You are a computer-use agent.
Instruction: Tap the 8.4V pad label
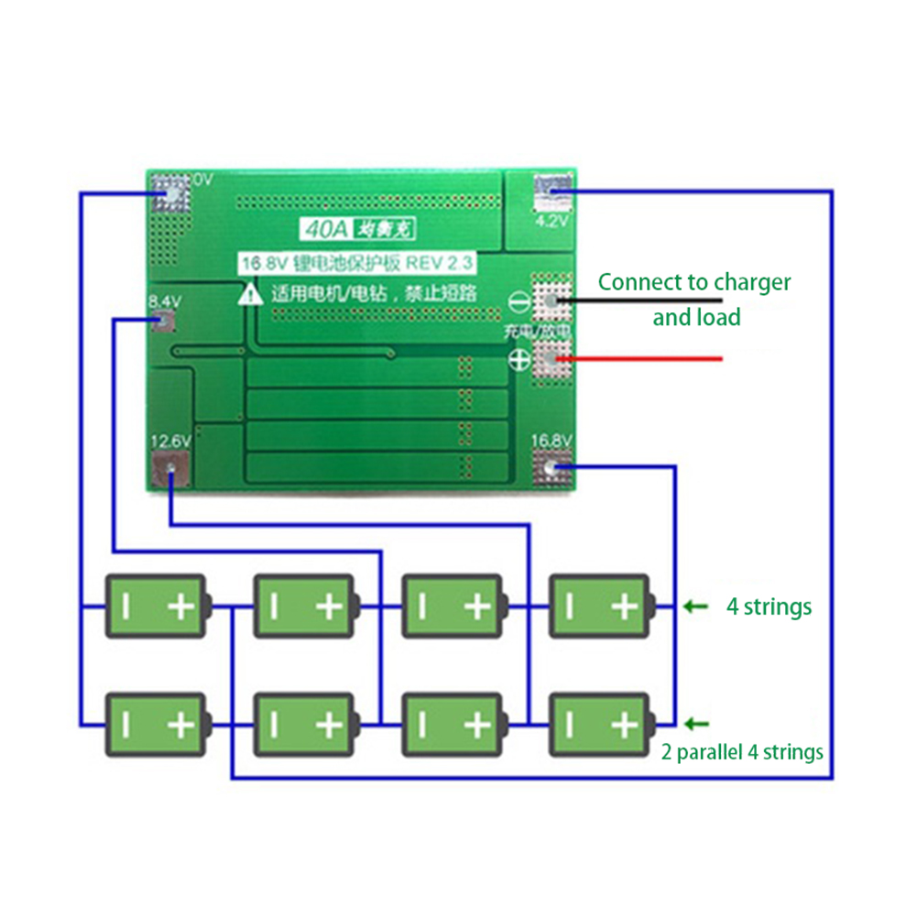click(165, 300)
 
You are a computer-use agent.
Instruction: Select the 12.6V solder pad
click(171, 471)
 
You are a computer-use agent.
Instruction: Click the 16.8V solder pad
click(551, 470)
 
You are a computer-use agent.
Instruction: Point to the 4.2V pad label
click(551, 220)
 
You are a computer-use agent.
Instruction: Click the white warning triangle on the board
click(249, 295)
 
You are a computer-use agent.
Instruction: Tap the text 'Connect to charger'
click(694, 282)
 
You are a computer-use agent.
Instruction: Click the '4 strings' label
click(769, 606)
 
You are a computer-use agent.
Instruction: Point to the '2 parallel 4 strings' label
click(742, 752)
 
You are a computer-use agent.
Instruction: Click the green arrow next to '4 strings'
click(697, 606)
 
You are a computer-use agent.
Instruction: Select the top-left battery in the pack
click(156, 606)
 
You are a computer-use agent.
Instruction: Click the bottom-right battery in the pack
click(600, 725)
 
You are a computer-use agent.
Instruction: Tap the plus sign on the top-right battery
click(624, 606)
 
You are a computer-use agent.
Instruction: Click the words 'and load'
click(696, 318)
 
